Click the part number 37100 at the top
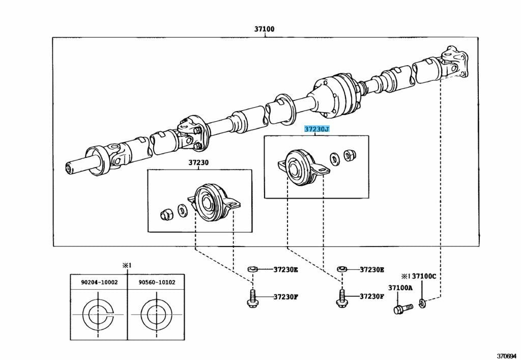click(264, 29)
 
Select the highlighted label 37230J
click(316, 129)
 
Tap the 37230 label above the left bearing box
click(198, 163)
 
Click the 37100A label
click(400, 288)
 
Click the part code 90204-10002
click(99, 282)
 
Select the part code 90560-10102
click(156, 282)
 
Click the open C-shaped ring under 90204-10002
click(99, 315)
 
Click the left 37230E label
click(285, 269)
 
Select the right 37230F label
click(372, 296)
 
